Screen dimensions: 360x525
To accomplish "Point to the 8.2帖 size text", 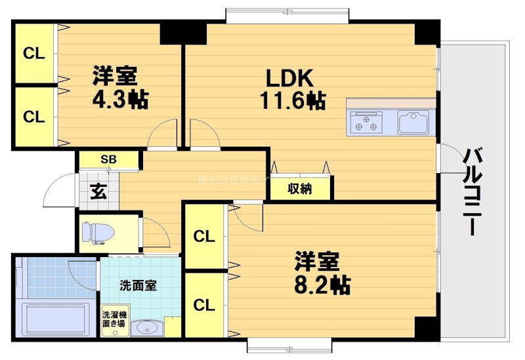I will [321, 284].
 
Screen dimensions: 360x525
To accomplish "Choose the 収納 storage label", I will [300, 189].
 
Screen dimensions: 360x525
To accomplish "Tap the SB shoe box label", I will [108, 159].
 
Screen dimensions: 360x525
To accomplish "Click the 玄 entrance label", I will [98, 191].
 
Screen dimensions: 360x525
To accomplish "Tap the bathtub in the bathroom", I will [55, 321].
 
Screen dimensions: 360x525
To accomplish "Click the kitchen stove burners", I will [366, 122].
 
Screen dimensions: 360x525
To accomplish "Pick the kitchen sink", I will [413, 123].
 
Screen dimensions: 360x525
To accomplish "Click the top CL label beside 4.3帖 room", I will [34, 54].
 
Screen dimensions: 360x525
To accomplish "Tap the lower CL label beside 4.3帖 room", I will [34, 117].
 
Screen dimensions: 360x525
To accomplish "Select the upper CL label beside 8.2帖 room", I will [204, 237].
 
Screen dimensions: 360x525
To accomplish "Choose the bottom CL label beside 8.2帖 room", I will [204, 305].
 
